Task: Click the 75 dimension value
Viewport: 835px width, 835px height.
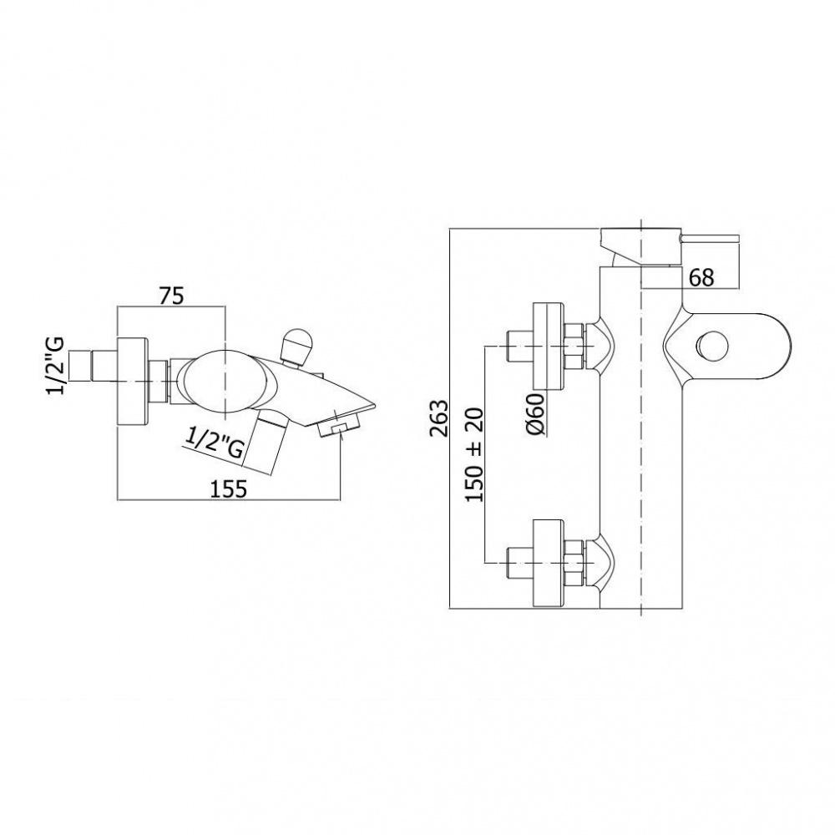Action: click(x=171, y=296)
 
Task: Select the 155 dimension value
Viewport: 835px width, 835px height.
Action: click(x=229, y=488)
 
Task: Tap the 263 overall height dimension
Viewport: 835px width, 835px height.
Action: click(x=440, y=418)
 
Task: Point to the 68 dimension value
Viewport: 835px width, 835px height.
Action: click(x=701, y=277)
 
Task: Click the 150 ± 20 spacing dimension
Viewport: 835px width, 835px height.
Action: click(x=474, y=455)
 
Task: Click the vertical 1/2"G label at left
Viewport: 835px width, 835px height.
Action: click(x=56, y=366)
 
